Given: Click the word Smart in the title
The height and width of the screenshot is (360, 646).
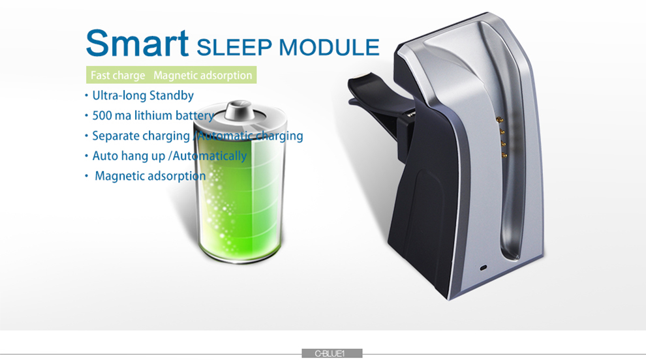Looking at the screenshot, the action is coord(137,43).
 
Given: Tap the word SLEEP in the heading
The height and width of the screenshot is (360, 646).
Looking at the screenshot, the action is coord(234,48).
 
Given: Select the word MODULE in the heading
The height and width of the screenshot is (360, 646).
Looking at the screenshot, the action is coord(329,48).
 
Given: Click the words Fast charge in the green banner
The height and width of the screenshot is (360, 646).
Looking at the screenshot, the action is coord(118,76).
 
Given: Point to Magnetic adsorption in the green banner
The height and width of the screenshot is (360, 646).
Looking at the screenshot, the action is coord(203,76).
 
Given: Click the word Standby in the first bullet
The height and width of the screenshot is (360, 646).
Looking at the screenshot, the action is coord(172,96).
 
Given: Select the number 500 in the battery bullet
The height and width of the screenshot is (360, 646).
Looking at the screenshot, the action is coord(102,115).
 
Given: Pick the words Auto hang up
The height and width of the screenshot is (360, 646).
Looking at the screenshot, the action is coord(129,156).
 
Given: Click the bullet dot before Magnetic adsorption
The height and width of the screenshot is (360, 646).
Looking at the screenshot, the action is coord(87,176).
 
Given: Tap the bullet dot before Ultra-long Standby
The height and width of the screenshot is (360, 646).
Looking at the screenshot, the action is coord(87,96).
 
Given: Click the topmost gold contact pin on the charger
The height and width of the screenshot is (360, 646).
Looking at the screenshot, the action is coord(500,120).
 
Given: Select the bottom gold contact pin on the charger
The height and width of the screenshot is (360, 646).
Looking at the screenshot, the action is coord(504,155).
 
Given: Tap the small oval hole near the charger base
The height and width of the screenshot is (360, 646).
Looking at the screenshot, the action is coord(484,268).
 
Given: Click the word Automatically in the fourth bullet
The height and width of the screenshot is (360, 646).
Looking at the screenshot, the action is coord(209,156).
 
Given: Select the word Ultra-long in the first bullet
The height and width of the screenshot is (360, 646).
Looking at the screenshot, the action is coord(119,96).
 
